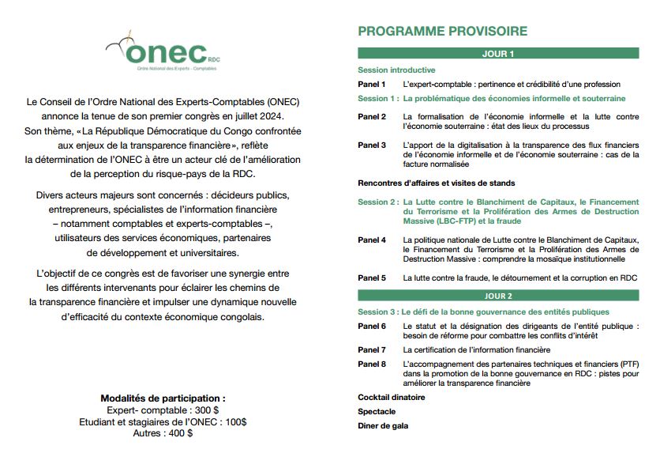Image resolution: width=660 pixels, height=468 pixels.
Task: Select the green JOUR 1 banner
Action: point(497,54)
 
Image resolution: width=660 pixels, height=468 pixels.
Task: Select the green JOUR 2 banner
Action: point(497,296)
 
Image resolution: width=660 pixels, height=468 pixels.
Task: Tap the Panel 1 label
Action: point(372,85)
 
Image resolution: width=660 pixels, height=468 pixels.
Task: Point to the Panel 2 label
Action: point(372,116)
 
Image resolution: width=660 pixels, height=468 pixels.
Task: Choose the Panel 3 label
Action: point(372,145)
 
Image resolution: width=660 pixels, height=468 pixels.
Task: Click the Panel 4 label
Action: point(372,240)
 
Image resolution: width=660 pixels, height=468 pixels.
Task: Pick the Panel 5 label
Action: point(372,278)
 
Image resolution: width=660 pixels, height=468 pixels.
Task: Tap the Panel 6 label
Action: point(372,326)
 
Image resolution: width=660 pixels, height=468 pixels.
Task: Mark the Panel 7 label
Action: point(372,349)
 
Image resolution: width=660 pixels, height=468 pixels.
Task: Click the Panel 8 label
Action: point(372,364)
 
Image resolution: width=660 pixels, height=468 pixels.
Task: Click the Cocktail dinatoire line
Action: point(392,398)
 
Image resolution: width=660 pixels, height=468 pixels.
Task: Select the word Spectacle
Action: point(377,412)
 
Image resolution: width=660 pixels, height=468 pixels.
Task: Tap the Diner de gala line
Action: point(383,426)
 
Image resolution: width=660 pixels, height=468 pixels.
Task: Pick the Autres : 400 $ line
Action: point(163,433)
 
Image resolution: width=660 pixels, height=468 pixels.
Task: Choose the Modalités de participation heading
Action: point(163,398)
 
